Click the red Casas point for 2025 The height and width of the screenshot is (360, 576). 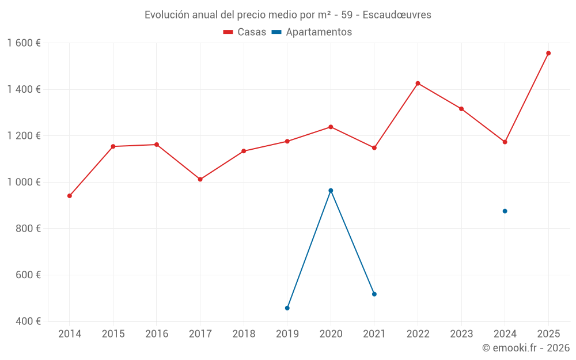click(x=548, y=53)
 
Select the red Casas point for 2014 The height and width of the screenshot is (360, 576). click(x=70, y=196)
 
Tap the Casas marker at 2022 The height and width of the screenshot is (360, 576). click(x=418, y=84)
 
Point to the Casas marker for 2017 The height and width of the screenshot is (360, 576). click(x=200, y=179)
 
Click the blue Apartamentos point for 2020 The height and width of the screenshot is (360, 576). click(x=331, y=191)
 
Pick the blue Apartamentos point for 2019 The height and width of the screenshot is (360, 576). click(x=287, y=308)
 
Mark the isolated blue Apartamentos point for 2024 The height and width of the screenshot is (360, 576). click(x=505, y=211)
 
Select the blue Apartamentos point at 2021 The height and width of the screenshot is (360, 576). click(x=374, y=294)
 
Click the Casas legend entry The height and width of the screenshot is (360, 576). click(x=245, y=32)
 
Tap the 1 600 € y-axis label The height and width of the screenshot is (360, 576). click(x=24, y=43)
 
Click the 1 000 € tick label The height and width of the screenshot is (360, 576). click(x=24, y=182)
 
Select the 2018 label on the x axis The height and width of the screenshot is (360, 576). click(x=244, y=334)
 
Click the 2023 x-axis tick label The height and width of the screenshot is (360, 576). click(x=461, y=334)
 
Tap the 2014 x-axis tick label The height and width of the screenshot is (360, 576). click(x=70, y=334)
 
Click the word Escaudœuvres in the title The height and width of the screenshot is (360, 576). click(x=397, y=15)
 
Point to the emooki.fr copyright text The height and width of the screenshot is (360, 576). click(x=525, y=348)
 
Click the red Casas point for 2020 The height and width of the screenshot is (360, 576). click(x=331, y=127)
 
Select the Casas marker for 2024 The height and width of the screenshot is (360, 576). click(x=505, y=142)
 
